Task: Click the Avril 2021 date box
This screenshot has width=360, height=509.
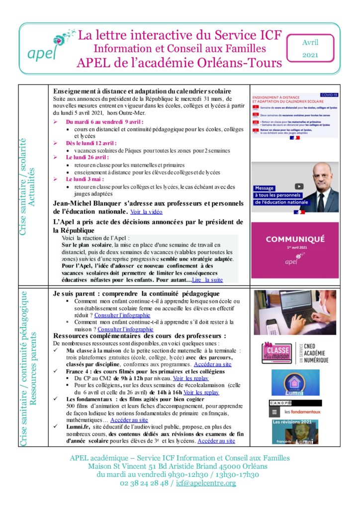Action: coord(310,49)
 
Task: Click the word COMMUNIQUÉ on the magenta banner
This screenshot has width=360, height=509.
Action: coord(295,239)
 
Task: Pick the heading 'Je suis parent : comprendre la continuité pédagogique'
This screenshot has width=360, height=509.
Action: coord(136,294)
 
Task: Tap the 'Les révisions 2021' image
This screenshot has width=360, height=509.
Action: coord(295,431)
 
